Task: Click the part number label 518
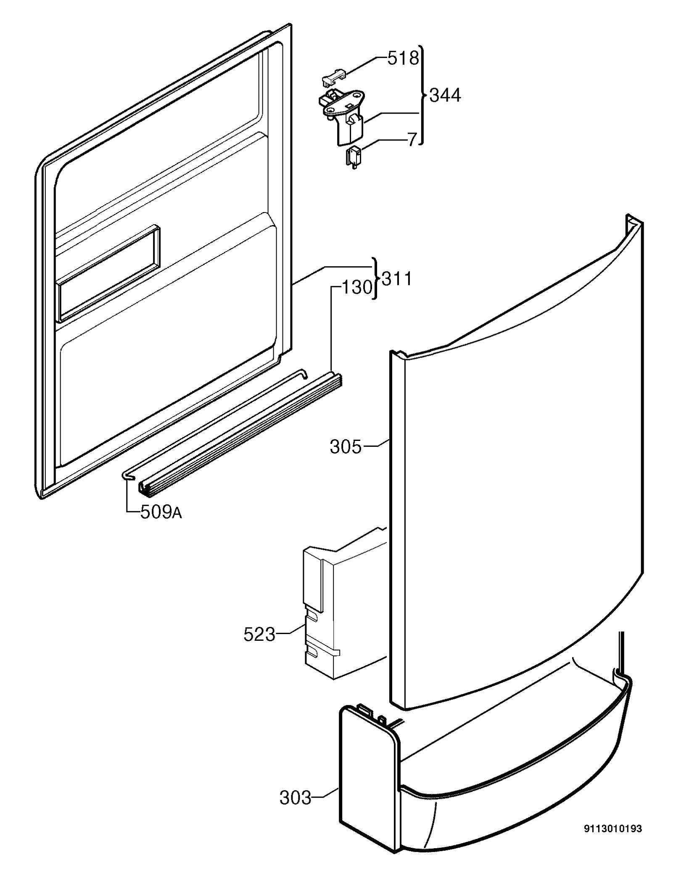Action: click(x=403, y=58)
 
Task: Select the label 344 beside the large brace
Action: click(x=445, y=96)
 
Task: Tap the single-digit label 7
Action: click(x=412, y=139)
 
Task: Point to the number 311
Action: click(x=396, y=279)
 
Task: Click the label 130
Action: click(x=357, y=288)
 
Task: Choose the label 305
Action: click(x=346, y=447)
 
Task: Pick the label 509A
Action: click(x=161, y=512)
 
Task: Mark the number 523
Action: click(x=259, y=634)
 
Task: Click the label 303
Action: click(x=296, y=798)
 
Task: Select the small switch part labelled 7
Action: click(x=354, y=158)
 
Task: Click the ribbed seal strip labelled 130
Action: click(x=240, y=433)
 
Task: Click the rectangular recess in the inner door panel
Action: click(x=109, y=273)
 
